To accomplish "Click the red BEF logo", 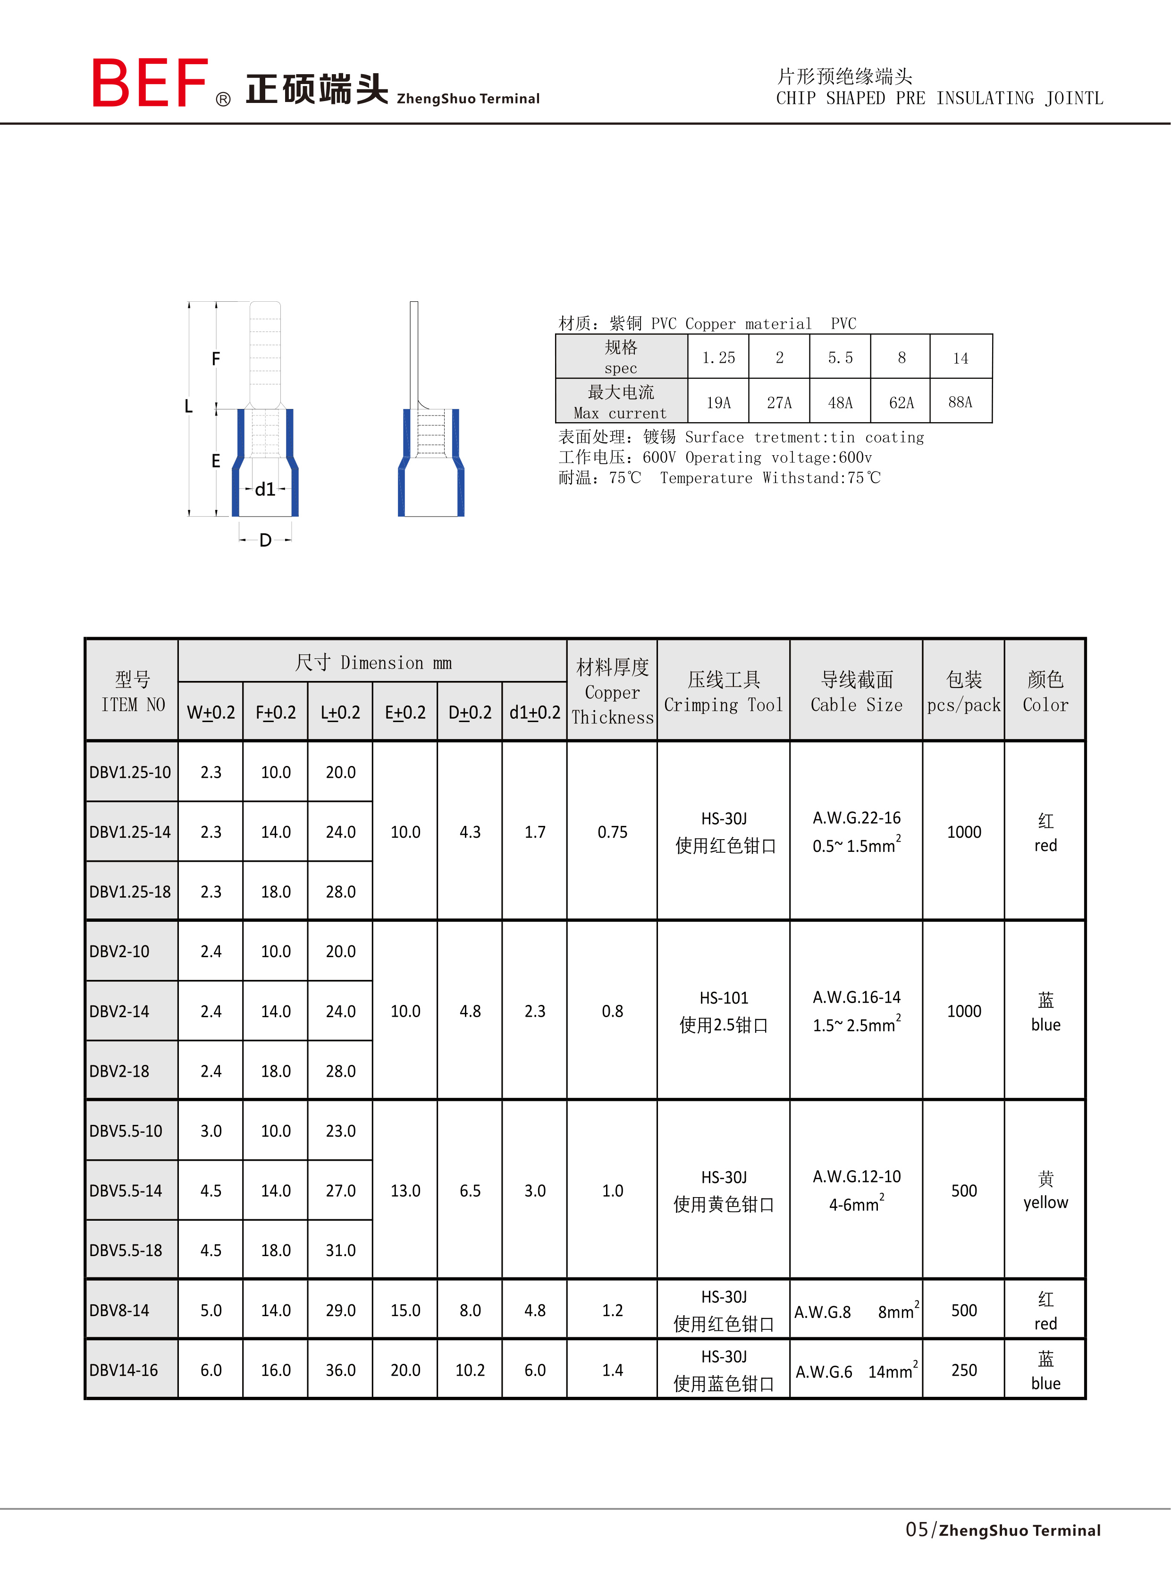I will [x=150, y=83].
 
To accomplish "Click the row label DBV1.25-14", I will [x=130, y=832].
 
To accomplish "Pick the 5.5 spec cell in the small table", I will [x=840, y=357].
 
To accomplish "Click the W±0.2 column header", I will [x=211, y=713].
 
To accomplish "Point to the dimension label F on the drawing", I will [x=216, y=359].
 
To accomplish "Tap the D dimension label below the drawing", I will [x=265, y=540].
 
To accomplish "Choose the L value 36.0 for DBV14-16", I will [x=340, y=1370].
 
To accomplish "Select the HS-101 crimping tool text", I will [x=724, y=998].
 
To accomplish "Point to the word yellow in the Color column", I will [x=1045, y=1203].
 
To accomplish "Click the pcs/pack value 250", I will [x=963, y=1370].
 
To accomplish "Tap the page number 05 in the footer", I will [x=917, y=1530].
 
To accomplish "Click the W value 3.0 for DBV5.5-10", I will [x=211, y=1131].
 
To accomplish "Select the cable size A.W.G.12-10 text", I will [x=856, y=1176].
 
